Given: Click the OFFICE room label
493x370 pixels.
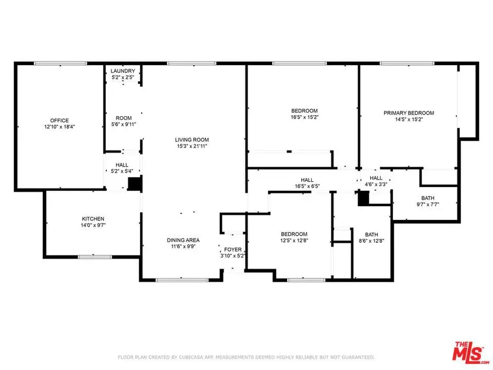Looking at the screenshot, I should [x=60, y=121].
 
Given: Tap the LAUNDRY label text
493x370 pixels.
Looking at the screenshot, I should [x=123, y=71].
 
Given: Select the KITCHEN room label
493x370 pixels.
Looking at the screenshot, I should [x=93, y=219].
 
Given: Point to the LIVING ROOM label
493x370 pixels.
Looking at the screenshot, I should [x=192, y=140].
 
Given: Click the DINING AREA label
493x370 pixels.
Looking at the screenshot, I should [x=183, y=240].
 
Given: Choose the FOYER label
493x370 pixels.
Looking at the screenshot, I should [x=233, y=249].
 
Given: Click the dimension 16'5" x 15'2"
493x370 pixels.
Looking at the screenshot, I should [x=305, y=117].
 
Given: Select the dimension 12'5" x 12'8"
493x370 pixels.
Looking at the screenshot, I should [x=294, y=241].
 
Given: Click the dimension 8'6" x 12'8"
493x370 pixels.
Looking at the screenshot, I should [x=371, y=241].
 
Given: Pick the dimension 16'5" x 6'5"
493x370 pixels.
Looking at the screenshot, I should [x=307, y=186].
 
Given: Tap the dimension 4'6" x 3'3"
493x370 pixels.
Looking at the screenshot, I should [x=376, y=185].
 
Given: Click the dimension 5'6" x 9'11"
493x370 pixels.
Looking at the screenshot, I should [x=123, y=124].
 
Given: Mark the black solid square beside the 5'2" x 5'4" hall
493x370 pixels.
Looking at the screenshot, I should [x=134, y=183].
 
